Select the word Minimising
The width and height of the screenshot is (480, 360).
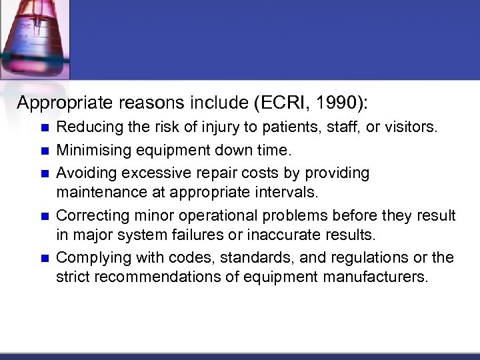88,150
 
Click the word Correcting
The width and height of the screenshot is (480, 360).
88,215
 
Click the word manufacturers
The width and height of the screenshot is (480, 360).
373,277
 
